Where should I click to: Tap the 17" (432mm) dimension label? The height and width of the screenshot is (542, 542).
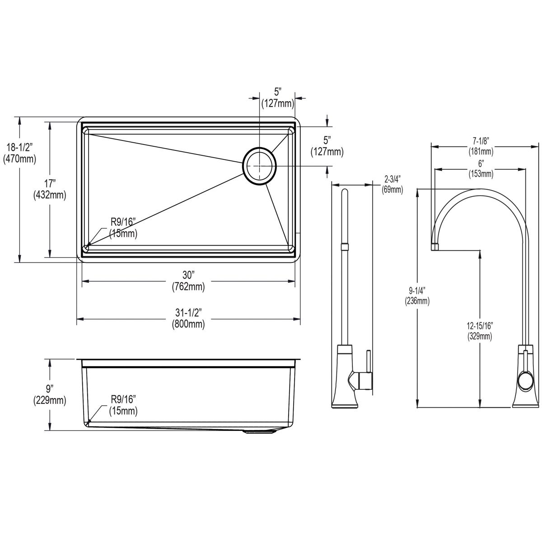(50, 189)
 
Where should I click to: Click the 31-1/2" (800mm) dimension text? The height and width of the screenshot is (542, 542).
(188, 318)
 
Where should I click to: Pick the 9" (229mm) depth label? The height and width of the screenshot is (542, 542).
(50, 394)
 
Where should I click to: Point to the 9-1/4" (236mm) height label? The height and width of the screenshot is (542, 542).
(417, 295)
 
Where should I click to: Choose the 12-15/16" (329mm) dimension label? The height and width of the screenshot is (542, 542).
(480, 331)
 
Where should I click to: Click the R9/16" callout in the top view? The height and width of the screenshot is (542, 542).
(123, 228)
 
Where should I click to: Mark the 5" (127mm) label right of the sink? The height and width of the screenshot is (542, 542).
(327, 146)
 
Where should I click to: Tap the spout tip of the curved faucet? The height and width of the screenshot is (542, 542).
(435, 247)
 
